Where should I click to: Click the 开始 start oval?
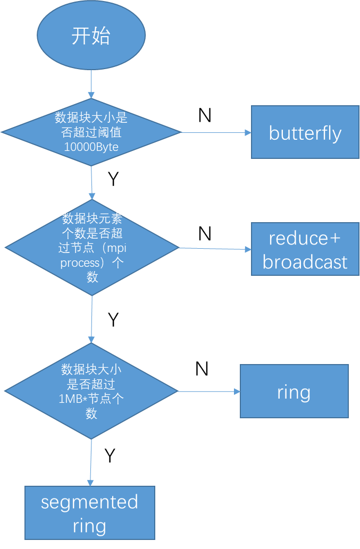point(91,36)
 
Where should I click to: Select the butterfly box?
point(305,132)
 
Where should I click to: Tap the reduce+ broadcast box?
point(305,249)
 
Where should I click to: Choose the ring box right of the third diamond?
point(294,391)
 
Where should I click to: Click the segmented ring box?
point(90,513)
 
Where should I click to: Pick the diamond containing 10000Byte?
point(91,132)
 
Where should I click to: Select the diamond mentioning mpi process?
point(91,248)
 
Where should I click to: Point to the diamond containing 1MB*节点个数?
point(91,391)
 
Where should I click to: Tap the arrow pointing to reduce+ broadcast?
point(215,249)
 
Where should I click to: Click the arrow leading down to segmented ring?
point(90,462)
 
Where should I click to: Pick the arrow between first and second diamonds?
point(91,183)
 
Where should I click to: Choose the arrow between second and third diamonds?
point(91,319)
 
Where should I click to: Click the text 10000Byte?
point(91,147)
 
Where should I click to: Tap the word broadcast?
point(305,262)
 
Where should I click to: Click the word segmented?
point(90,502)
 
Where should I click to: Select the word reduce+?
point(305,238)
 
